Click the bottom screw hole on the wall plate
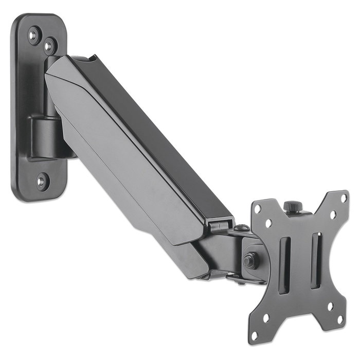click(42, 181)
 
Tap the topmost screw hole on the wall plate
click(34, 35)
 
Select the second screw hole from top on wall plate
click(49, 46)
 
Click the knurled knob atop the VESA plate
click(292, 206)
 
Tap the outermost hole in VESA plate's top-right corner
click(344, 197)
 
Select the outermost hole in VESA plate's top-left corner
click(257, 209)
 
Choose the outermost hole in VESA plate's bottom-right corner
click(340, 319)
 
